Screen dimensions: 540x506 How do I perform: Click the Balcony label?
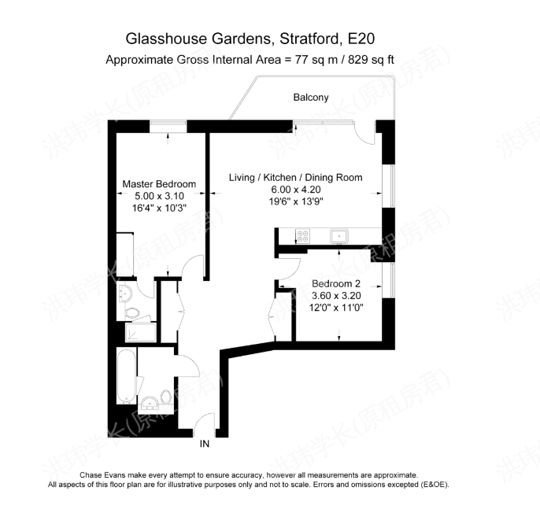[311, 98]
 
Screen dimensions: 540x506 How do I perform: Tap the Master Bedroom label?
[159, 184]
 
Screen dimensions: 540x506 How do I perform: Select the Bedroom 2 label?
[336, 283]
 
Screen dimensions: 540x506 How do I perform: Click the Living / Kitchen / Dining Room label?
[295, 178]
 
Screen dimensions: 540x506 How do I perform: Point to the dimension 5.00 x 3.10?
[159, 196]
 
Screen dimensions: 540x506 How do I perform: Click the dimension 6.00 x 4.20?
[296, 190]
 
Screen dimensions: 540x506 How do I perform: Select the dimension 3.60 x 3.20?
[336, 295]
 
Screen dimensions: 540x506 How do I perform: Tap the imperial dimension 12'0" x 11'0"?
[336, 308]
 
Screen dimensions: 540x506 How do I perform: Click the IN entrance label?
[205, 444]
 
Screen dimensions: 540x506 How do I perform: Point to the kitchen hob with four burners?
[303, 236]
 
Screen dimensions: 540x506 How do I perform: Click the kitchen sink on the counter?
[339, 236]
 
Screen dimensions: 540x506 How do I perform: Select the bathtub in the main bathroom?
[126, 377]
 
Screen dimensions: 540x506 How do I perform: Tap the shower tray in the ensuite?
[140, 333]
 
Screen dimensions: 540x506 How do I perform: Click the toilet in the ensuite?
[132, 313]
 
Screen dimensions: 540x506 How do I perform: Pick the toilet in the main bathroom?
[166, 397]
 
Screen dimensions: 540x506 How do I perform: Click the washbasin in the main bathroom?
[150, 402]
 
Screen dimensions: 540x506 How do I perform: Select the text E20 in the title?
[361, 39]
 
